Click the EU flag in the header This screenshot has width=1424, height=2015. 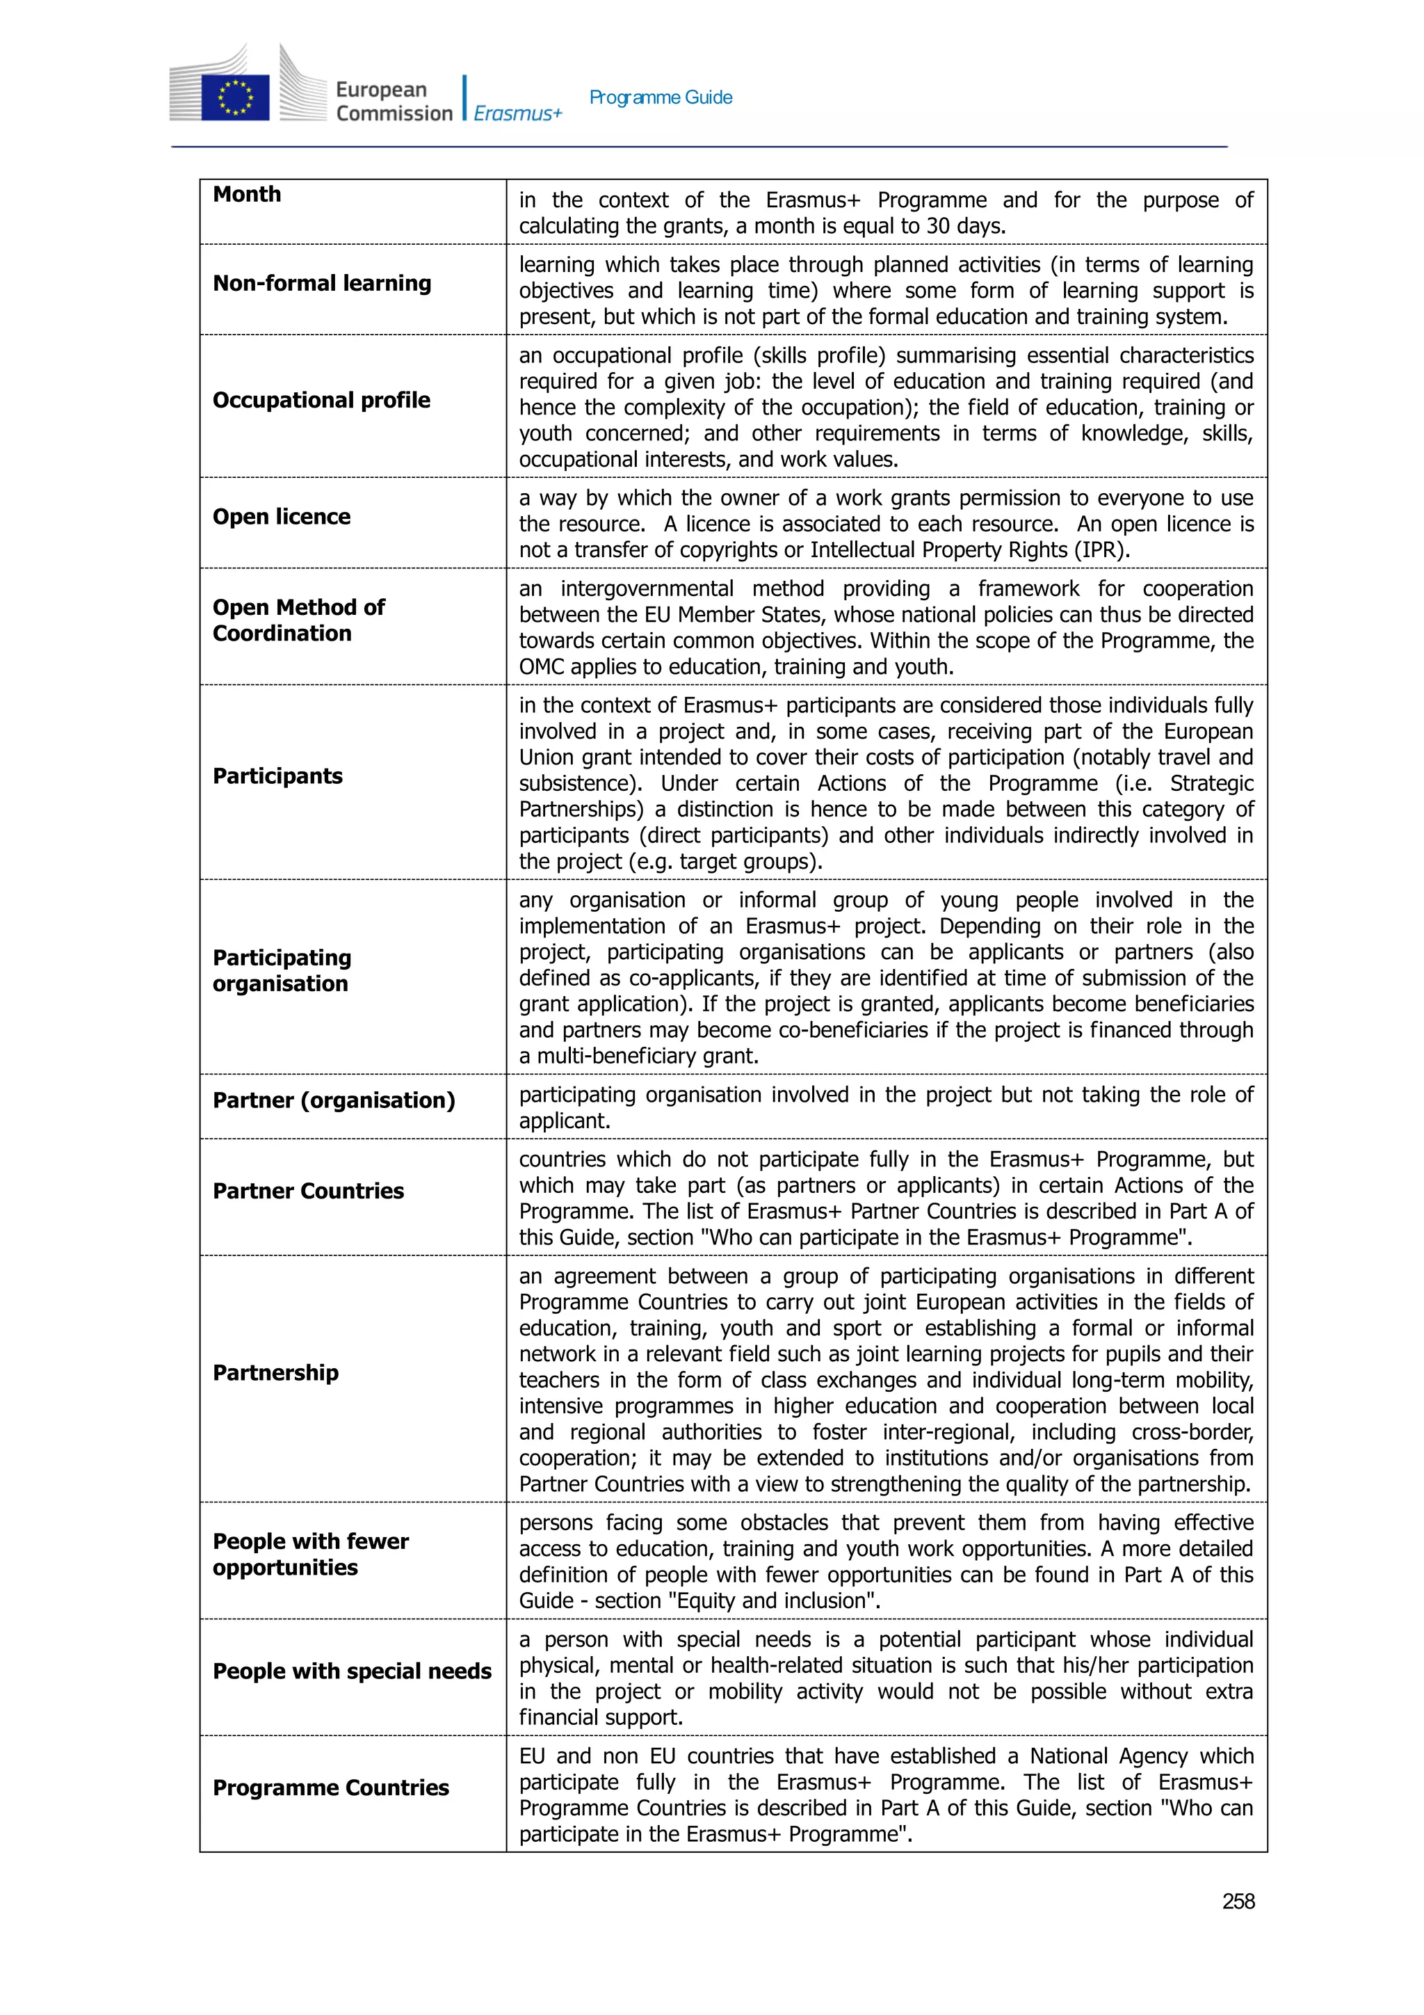234,97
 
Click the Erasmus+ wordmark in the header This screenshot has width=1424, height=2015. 517,113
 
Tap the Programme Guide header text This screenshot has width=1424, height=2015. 661,97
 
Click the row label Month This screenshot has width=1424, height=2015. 248,194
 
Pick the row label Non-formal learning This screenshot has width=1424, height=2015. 322,284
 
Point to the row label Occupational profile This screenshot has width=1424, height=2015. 321,400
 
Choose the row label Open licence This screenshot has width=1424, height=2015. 282,517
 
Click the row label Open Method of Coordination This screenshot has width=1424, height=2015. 298,620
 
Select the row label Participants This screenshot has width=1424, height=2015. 277,776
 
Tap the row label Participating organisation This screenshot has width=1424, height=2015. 282,971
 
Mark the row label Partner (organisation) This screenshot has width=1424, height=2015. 334,1100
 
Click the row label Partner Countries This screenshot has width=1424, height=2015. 308,1191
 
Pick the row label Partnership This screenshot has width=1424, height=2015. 275,1372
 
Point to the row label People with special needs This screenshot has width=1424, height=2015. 352,1671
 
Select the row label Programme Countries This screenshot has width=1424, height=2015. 331,1788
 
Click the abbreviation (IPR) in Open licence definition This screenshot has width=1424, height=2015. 1099,550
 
